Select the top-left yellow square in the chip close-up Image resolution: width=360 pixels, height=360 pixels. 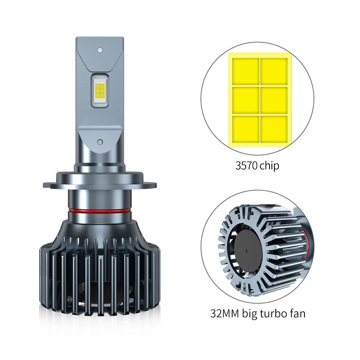click(246, 71)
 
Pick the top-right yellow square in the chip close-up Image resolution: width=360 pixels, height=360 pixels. click(274, 71)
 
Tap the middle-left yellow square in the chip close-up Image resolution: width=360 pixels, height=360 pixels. click(246, 100)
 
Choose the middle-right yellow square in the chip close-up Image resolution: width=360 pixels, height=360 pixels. click(274, 100)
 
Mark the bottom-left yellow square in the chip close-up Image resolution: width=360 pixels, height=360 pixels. click(246, 128)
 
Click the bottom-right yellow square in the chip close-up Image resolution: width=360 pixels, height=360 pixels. click(274, 128)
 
